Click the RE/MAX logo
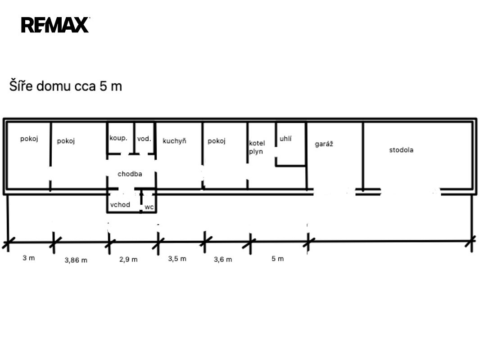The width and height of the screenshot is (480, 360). [55, 25]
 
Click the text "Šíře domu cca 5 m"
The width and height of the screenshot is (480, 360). [65, 86]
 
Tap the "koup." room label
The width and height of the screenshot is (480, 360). [118, 138]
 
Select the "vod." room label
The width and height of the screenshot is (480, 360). [144, 139]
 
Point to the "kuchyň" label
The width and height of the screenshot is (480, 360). [175, 141]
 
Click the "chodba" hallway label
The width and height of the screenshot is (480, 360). [130, 174]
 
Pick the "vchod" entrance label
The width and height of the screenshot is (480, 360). [120, 204]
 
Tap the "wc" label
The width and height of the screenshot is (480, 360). [149, 207]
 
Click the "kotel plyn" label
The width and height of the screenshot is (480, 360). [257, 147]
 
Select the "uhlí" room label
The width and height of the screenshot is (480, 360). [285, 139]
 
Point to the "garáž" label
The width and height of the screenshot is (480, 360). [324, 144]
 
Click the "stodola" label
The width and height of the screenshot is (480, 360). [401, 150]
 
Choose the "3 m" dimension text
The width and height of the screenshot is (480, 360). [29, 258]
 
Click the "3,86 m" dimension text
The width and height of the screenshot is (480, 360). [76, 260]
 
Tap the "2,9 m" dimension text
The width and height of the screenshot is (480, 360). [128, 259]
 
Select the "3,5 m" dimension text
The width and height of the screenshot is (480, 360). [177, 259]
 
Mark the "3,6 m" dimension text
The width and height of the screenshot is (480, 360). [223, 259]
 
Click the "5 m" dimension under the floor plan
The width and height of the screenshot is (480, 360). [278, 259]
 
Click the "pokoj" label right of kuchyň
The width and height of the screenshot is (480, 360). [217, 141]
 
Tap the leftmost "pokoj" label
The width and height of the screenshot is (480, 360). [29, 139]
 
